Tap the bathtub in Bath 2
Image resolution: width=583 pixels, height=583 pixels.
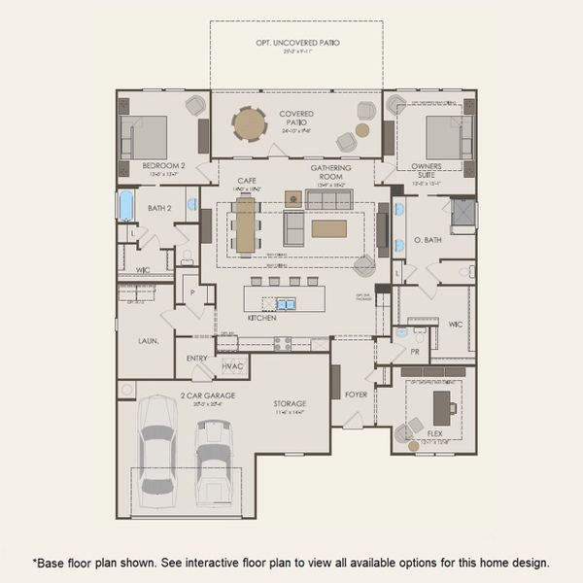tap(125, 206)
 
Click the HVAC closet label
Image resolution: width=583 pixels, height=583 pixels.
tap(232, 365)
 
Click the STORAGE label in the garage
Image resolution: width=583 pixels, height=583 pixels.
tap(290, 403)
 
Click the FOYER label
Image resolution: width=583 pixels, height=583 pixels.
tap(356, 394)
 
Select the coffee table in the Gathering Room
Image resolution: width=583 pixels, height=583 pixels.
tap(328, 228)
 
